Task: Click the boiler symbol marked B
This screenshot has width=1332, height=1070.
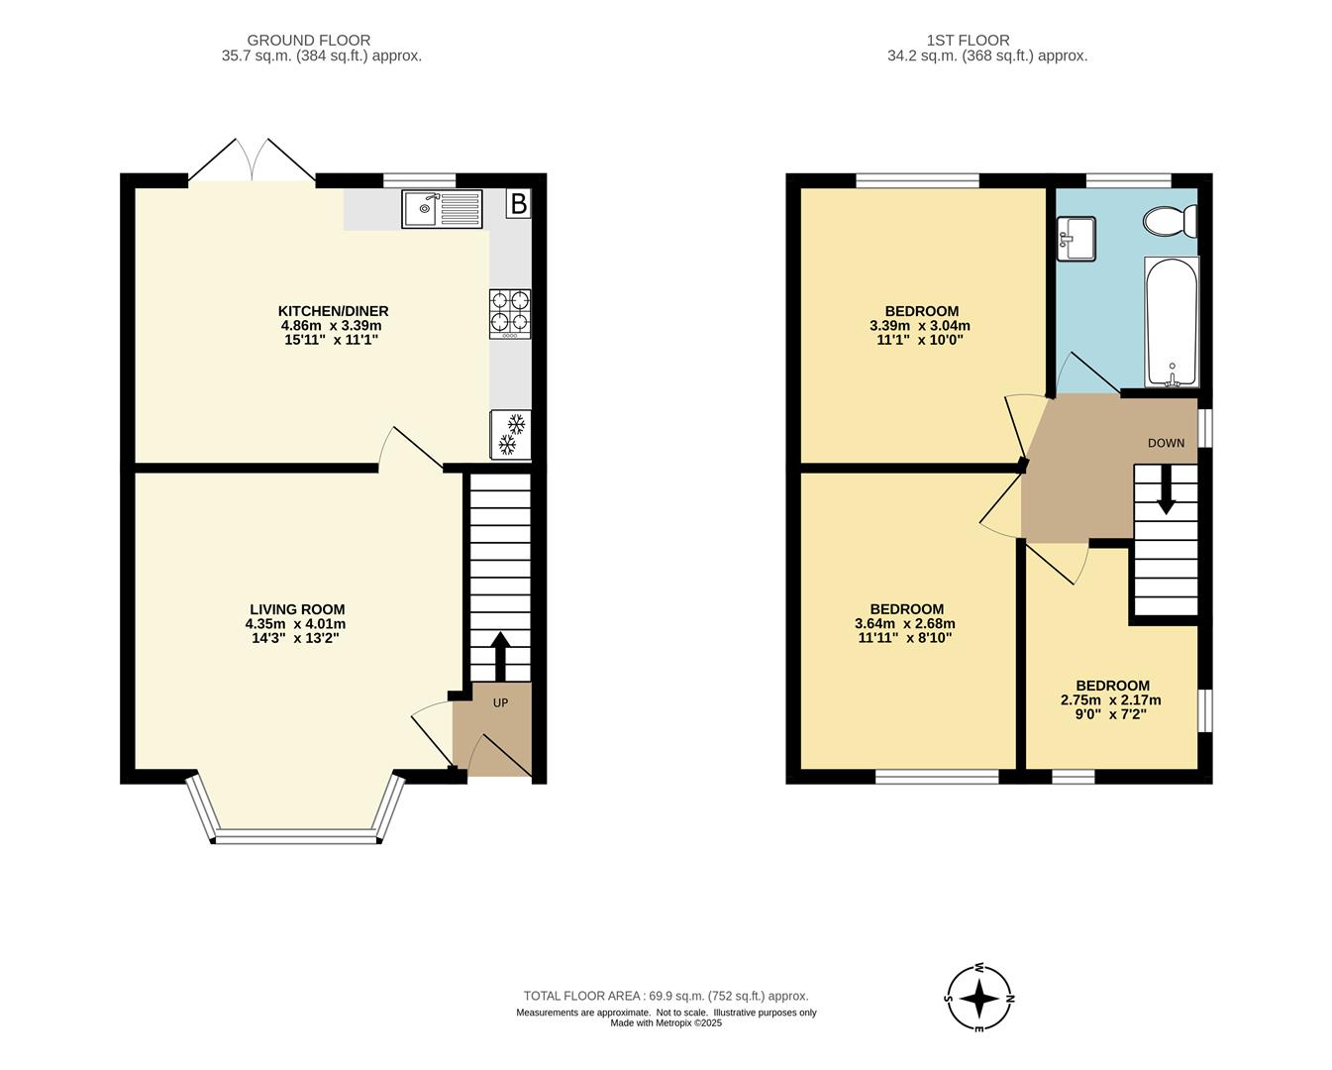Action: tap(518, 204)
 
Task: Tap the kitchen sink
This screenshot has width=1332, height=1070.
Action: tap(442, 209)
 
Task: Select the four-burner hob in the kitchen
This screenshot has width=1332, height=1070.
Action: tap(510, 313)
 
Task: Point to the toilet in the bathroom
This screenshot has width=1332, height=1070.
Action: tap(1170, 220)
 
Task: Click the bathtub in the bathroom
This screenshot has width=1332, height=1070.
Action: tap(1172, 323)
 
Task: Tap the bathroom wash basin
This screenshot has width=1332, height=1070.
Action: tap(1076, 239)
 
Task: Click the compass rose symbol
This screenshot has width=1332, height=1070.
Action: tap(979, 998)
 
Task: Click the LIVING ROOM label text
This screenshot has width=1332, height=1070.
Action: tap(297, 609)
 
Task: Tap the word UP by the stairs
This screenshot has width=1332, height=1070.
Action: tap(500, 703)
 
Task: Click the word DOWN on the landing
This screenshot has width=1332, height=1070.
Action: tap(1166, 443)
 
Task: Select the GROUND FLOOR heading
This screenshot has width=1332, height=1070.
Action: tap(309, 41)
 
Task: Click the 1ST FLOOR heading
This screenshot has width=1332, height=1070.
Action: tap(968, 41)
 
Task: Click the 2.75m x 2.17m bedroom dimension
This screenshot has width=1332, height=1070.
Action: tap(1111, 699)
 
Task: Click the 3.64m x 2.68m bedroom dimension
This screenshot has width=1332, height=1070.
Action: tap(905, 623)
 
